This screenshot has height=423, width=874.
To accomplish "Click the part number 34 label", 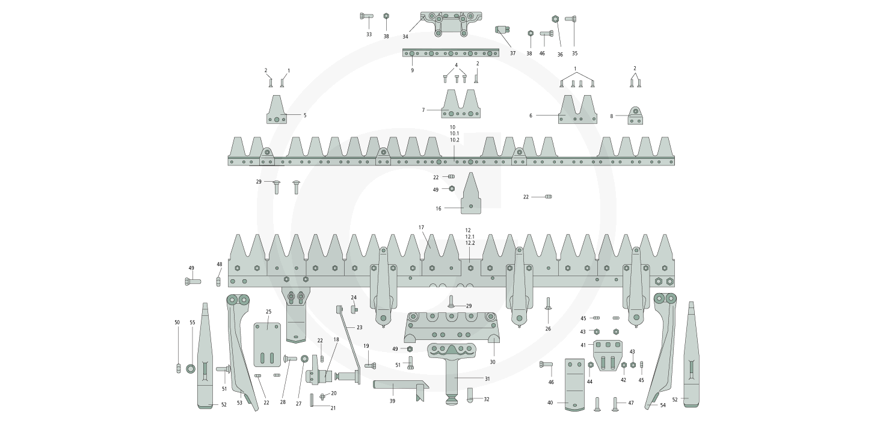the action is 405,37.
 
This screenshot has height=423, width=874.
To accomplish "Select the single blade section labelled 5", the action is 277,111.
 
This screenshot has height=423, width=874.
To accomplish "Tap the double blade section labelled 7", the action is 461,107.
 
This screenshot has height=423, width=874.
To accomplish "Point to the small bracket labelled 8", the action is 636,116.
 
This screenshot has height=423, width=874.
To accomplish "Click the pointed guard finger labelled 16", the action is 470,196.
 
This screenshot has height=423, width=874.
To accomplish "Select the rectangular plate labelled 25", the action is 268,345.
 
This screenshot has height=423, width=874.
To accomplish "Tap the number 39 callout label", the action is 392,401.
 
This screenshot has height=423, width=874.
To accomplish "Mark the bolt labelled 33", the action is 367,16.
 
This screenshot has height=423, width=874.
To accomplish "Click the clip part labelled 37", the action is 502,29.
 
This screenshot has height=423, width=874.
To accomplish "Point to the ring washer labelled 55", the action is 191,368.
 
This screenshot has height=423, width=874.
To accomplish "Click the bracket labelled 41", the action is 606,353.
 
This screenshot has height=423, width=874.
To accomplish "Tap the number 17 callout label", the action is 422,227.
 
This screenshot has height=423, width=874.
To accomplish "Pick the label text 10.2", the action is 454,140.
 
